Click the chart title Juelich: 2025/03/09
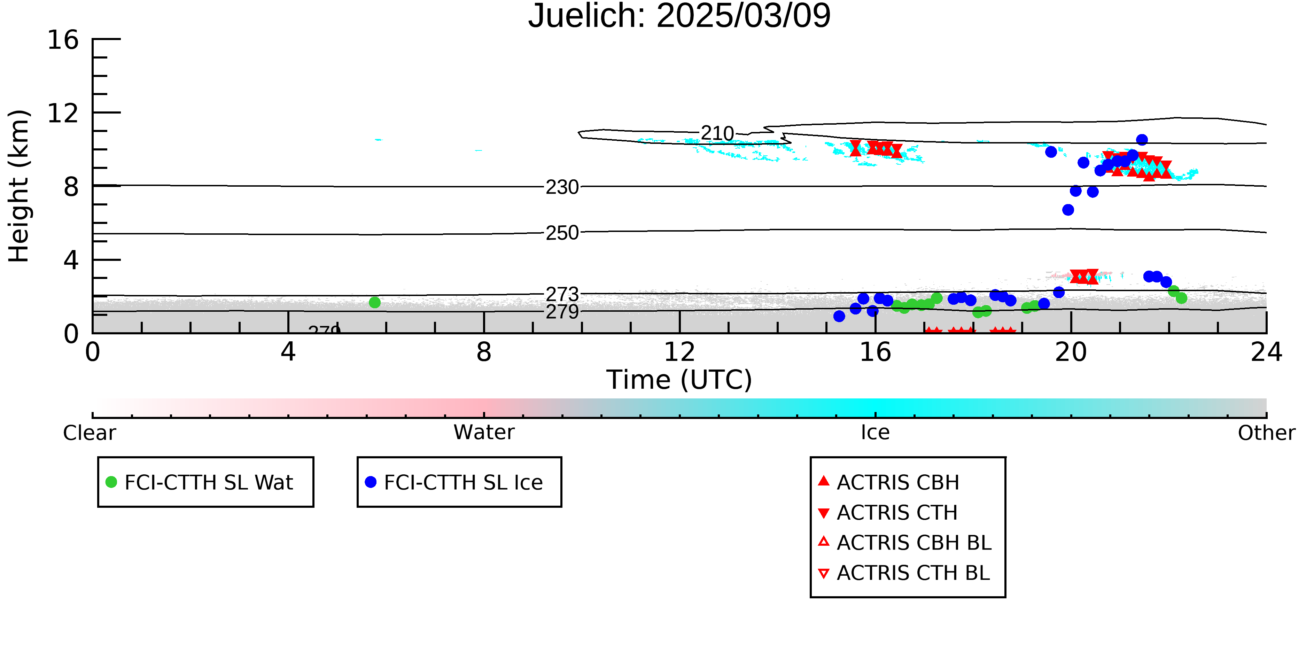tap(679, 16)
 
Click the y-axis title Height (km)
tap(19, 186)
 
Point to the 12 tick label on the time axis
tap(679, 352)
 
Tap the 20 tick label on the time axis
tap(1071, 352)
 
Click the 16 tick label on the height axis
tap(63, 40)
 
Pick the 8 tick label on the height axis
tap(71, 187)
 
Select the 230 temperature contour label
tap(562, 187)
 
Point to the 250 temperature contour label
tap(562, 233)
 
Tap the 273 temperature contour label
tap(562, 294)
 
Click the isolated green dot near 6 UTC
tap(375, 303)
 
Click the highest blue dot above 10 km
tap(1142, 139)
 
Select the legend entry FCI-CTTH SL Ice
tap(454, 482)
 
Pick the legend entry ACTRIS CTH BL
tap(904, 573)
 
